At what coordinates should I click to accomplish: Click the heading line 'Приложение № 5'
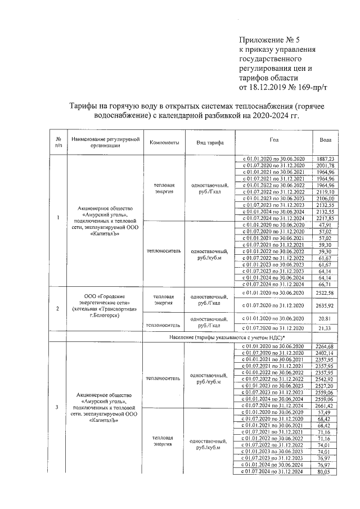266,40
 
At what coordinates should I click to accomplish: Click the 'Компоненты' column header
164,143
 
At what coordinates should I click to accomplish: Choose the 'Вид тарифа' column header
209,143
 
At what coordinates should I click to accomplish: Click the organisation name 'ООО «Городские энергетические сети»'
103,300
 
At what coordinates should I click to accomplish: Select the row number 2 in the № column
58,308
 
